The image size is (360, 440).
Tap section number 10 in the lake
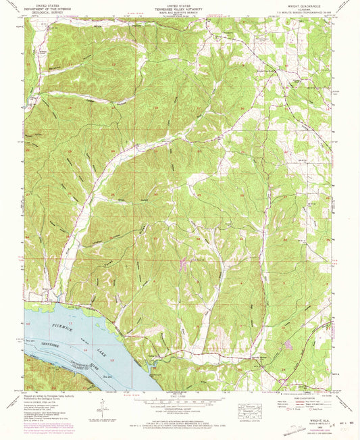coord(29,325)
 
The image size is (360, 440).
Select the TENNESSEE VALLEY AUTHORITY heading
coord(179,8)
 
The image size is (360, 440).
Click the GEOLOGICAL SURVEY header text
coord(45,11)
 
